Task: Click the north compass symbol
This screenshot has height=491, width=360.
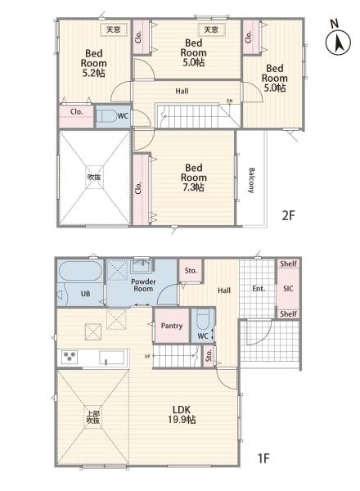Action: tap(338, 39)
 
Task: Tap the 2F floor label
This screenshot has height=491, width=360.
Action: tap(288, 215)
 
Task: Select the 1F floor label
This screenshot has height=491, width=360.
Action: tap(263, 458)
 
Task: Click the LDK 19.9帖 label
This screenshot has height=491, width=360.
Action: tap(182, 415)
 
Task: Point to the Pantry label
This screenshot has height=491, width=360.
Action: tap(172, 326)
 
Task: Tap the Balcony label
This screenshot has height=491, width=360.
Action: tap(252, 180)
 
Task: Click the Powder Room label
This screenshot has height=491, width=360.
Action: tap(143, 285)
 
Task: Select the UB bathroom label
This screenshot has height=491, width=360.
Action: tap(85, 294)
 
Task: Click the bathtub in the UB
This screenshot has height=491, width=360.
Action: tap(80, 271)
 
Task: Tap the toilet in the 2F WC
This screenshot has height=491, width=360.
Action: tap(106, 116)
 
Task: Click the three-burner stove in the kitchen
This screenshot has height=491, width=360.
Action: tap(70, 357)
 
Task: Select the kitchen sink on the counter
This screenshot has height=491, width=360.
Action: tap(113, 358)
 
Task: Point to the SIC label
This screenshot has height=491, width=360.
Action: tap(288, 288)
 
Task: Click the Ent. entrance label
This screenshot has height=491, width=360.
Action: tap(259, 288)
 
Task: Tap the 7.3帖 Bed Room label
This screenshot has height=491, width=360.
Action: tap(194, 178)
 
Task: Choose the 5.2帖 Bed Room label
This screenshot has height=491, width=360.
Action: tap(93, 63)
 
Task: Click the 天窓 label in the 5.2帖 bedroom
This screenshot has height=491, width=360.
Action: tap(114, 29)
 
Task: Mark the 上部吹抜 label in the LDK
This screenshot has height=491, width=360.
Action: tap(93, 417)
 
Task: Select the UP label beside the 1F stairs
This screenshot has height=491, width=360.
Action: tap(147, 356)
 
